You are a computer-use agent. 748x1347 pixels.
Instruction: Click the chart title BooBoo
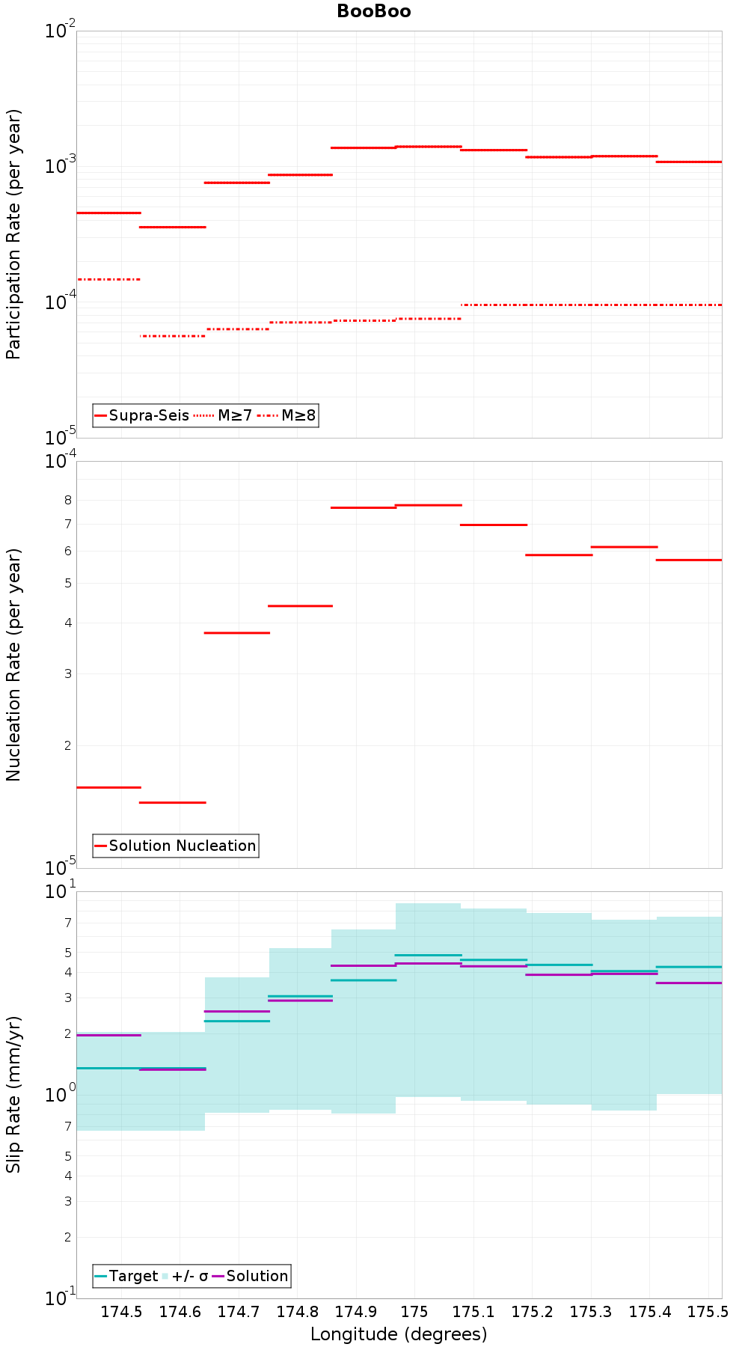coord(373,11)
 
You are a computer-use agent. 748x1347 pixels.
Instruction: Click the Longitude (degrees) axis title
coord(399,1334)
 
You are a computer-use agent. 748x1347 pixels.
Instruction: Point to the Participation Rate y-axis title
coord(13,234)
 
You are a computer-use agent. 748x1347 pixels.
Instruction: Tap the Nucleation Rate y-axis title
coord(13,665)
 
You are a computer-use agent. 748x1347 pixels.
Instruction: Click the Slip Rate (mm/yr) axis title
coord(13,1095)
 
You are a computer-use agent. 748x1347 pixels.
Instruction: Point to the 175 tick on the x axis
coord(414,1311)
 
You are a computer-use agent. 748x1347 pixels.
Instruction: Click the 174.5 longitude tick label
coord(121,1311)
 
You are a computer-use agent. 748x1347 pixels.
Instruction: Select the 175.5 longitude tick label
coord(708,1311)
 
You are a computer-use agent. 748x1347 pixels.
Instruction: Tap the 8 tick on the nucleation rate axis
coord(67,500)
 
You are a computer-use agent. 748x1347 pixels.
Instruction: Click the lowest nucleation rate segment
coord(173,802)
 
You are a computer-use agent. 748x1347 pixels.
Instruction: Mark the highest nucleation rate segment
coord(429,505)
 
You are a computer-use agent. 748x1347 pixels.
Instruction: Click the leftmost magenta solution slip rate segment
coord(109,1035)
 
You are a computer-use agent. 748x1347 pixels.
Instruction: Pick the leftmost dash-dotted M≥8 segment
coord(109,279)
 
